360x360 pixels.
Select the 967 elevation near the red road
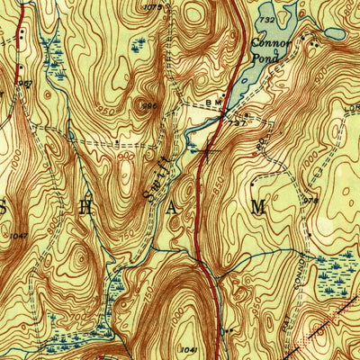(25, 84)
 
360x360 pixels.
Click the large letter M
(258, 206)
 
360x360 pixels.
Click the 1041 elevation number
(187, 348)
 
